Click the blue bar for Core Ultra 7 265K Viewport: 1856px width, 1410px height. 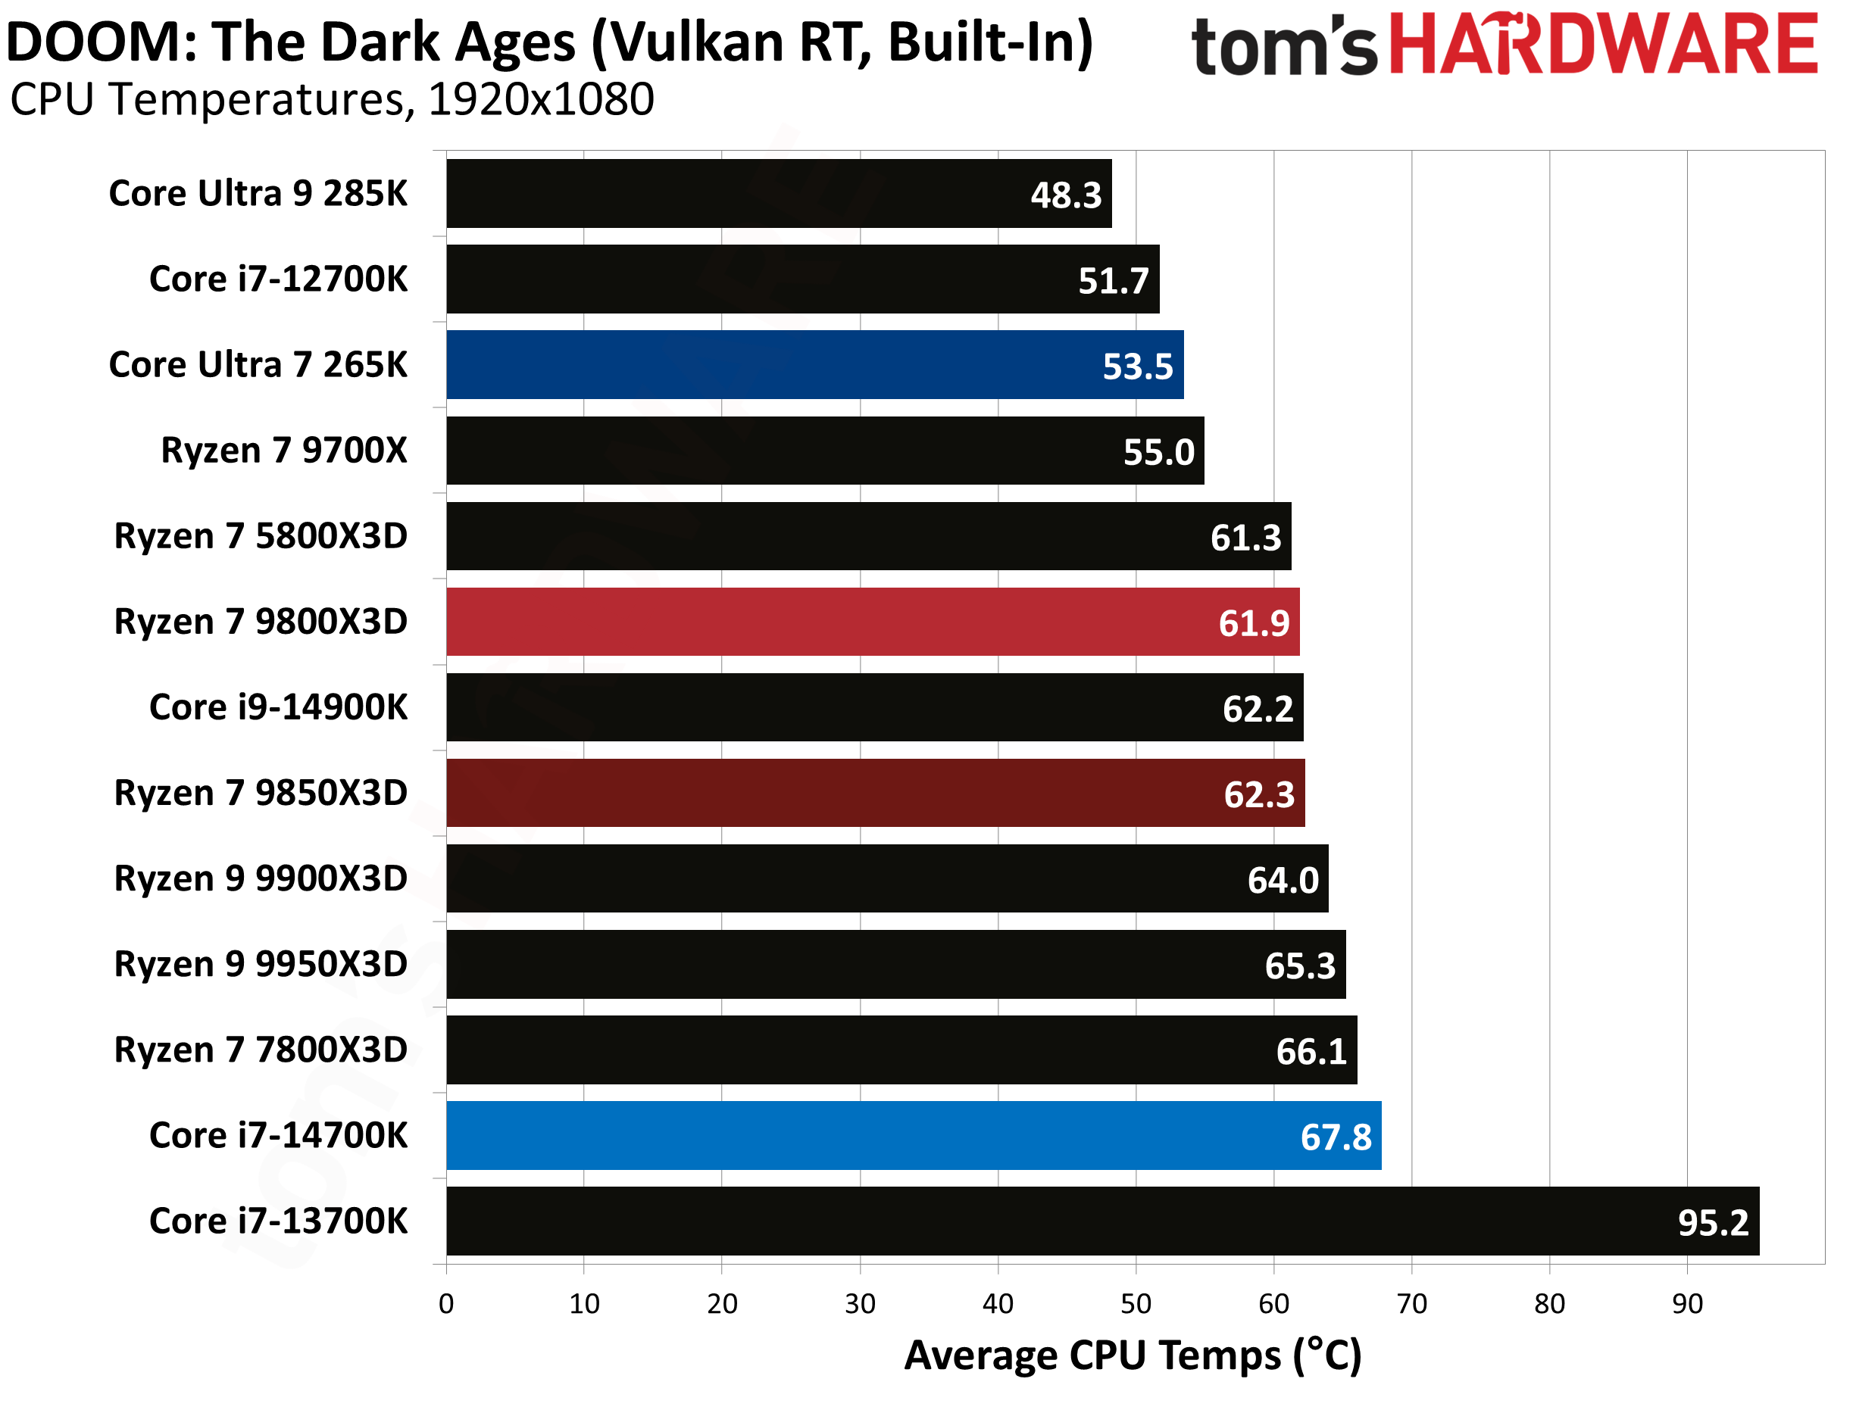pyautogui.click(x=814, y=365)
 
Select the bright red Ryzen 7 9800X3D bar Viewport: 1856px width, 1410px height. pyautogui.click(x=873, y=622)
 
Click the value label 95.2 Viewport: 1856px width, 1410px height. pyautogui.click(x=1713, y=1223)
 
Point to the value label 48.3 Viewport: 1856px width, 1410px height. pyautogui.click(x=1065, y=195)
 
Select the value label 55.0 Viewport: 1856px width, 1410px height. pyautogui.click(x=1158, y=452)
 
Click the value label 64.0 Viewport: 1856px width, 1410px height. pyautogui.click(x=1282, y=881)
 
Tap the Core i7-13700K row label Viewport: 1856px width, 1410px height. pyautogui.click(x=278, y=1221)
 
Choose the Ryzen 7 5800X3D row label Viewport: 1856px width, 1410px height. pyautogui.click(x=261, y=536)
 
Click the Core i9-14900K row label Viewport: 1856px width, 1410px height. pyautogui.click(x=278, y=707)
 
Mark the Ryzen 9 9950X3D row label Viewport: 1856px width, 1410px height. pyautogui.click(x=261, y=964)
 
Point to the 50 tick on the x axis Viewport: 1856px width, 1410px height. pyautogui.click(x=1136, y=1304)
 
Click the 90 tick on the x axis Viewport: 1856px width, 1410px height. pyautogui.click(x=1687, y=1304)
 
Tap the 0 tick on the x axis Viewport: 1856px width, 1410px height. pyautogui.click(x=447, y=1304)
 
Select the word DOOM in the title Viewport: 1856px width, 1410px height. pyautogui.click(x=101, y=42)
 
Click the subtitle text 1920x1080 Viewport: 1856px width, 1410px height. pyautogui.click(x=541, y=100)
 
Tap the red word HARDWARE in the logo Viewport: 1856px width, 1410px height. pyautogui.click(x=1603, y=44)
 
